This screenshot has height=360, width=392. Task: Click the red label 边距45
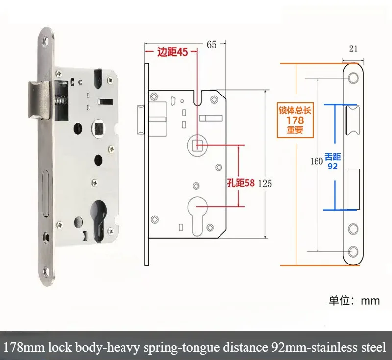pos(172,52)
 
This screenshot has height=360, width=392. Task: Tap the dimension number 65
pos(212,45)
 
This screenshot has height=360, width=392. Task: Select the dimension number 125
pos(265,184)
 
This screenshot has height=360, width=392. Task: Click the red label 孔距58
pos(241,183)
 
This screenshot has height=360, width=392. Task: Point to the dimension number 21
pos(353,48)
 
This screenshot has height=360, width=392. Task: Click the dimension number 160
pos(317,161)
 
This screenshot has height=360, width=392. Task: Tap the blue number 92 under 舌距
pos(333,167)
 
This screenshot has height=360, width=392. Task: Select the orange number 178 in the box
pos(295,120)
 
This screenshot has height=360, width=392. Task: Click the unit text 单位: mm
pos(354,301)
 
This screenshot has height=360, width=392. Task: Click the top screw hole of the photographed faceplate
pos(46,42)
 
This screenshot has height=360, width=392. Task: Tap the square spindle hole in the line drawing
pos(197,145)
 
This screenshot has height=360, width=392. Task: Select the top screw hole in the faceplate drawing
pos(353,78)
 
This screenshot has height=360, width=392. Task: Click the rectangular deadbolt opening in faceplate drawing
pos(353,189)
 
